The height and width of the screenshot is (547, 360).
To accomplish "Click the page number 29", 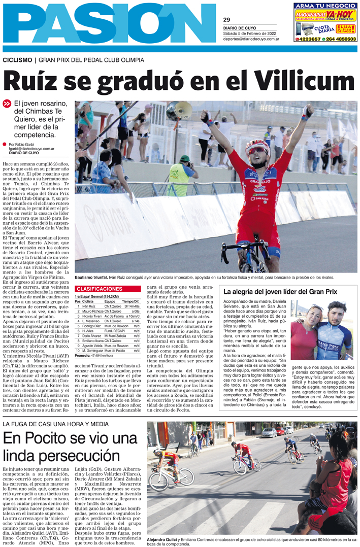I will tap(226, 20).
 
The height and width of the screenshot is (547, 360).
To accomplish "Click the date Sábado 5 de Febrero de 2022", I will tap(248, 33).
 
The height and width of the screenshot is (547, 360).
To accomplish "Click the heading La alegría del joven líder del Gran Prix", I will tap(287, 292).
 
